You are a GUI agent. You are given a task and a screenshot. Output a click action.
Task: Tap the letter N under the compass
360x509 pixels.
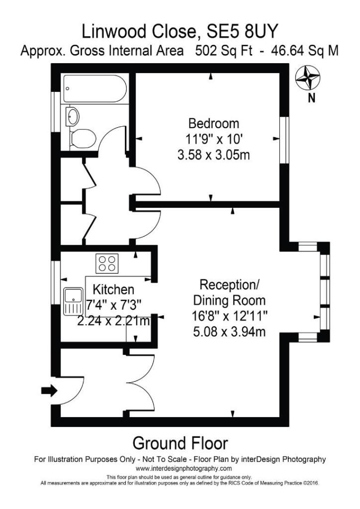(312, 98)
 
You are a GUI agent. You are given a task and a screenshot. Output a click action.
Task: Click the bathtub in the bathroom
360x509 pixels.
(94, 89)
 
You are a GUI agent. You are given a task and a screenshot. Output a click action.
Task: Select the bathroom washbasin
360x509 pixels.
(73, 116)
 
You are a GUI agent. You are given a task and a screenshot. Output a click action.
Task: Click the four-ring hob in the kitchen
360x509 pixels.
(107, 262)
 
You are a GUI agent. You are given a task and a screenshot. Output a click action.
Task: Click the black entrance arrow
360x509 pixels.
(48, 391)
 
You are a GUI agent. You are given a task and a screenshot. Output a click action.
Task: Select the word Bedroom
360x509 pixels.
(213, 123)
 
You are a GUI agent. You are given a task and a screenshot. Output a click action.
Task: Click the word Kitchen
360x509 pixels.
(114, 289)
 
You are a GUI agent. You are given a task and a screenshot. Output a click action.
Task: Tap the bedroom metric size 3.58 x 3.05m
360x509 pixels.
(213, 155)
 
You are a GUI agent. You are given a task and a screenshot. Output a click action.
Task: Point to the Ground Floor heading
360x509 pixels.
(180, 442)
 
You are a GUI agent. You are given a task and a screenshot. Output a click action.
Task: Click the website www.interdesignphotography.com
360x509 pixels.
(183, 468)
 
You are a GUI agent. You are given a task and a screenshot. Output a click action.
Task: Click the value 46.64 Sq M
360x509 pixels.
(299, 51)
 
